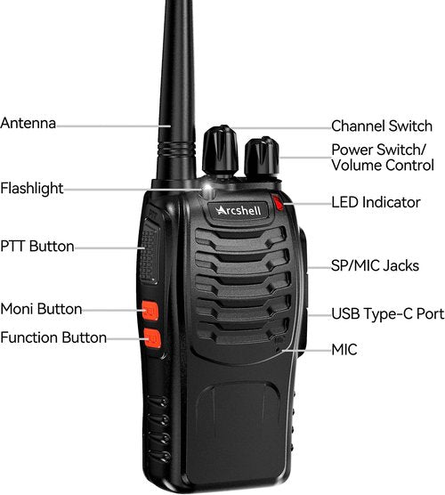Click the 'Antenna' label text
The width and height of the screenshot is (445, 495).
pos(28,123)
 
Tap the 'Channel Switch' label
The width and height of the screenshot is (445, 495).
pos(382,126)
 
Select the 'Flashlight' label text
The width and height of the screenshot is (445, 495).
pos(32,189)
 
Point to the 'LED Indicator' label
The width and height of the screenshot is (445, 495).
pos(376,202)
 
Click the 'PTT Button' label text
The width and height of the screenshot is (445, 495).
pos(37,247)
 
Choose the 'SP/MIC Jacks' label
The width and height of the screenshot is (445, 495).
pos(375,265)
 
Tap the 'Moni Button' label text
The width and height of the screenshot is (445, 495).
pos(41,309)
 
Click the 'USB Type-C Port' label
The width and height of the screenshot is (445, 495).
pos(388,314)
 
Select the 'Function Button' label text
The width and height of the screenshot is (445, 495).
pos(53,337)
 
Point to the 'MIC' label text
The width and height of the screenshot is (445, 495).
pos(344,350)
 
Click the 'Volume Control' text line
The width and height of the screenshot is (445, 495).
pos(383,165)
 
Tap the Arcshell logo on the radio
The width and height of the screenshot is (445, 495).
pos(239,211)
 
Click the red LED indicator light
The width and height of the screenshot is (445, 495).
pos(278,202)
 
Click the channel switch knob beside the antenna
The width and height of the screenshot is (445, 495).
pos(220,150)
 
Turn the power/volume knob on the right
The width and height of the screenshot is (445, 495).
pos(262,157)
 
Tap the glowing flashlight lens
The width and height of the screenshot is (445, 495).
pos(207,190)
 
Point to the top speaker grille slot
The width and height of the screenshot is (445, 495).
pos(241,237)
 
